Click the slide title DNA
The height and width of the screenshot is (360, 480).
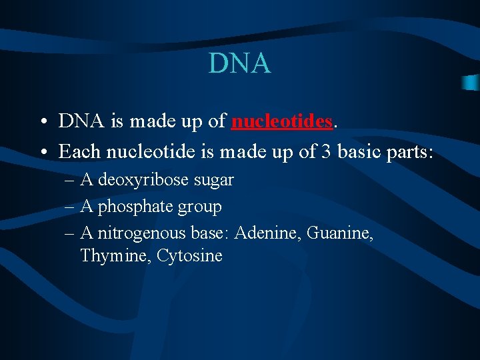[239, 63]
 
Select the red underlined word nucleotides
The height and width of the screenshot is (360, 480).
[281, 121]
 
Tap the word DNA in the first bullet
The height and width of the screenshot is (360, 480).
[78, 121]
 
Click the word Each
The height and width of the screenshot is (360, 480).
[79, 151]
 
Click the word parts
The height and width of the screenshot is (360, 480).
[411, 152]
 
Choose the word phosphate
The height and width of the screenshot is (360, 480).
[135, 207]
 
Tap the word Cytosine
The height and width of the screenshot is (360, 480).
[189, 256]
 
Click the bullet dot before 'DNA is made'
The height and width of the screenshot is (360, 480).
[42, 123]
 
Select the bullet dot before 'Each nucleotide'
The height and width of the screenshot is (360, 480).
[42, 153]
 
